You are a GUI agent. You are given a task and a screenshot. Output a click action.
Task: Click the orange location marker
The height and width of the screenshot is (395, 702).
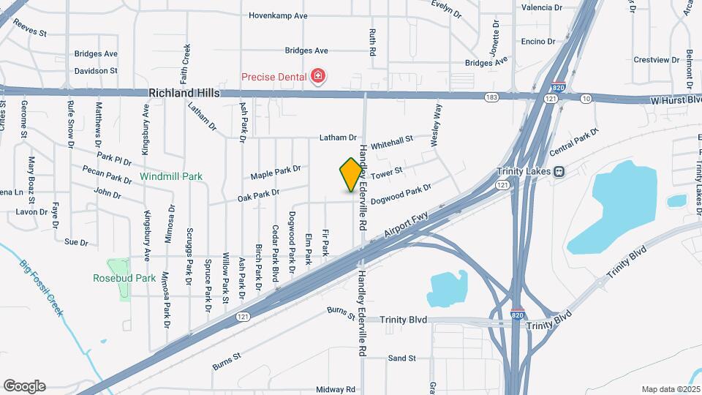tap(351, 174)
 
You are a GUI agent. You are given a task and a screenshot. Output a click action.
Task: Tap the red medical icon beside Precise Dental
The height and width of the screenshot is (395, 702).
tap(317, 75)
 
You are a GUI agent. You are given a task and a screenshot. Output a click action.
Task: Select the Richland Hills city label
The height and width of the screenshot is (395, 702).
tap(183, 93)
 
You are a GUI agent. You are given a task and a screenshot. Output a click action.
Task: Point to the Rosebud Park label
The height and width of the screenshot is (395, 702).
tap(124, 278)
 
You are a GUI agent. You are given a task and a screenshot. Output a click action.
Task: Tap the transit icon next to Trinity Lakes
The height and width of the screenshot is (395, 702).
tap(559, 171)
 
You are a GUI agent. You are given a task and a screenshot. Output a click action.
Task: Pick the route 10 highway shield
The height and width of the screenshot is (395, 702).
tap(586, 98)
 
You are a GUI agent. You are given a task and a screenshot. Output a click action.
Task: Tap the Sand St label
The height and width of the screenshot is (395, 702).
tap(401, 358)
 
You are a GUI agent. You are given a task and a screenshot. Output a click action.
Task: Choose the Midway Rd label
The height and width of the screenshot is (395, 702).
tap(336, 390)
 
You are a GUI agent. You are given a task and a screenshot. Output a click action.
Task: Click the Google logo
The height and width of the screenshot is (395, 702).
tap(24, 385)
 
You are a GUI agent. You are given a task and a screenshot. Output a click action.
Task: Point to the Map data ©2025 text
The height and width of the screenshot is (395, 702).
tap(670, 389)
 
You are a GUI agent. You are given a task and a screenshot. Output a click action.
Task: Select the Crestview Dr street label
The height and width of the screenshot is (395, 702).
tap(652, 59)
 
